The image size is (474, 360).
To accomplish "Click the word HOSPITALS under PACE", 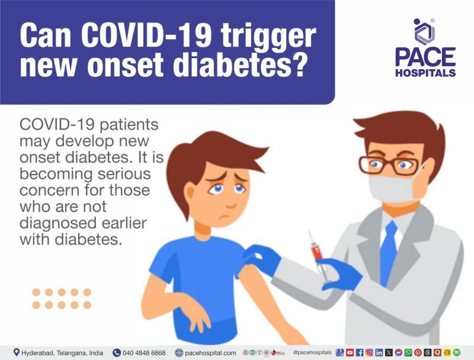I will [425, 73].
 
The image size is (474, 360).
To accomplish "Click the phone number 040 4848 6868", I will [144, 352].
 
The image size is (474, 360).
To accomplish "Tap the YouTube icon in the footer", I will [350, 352].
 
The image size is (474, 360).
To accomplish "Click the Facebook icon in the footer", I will [360, 352].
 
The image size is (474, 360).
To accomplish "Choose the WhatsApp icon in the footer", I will [408, 352].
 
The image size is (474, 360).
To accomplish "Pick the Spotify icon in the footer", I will [456, 352].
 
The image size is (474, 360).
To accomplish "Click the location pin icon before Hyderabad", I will [16, 352].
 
